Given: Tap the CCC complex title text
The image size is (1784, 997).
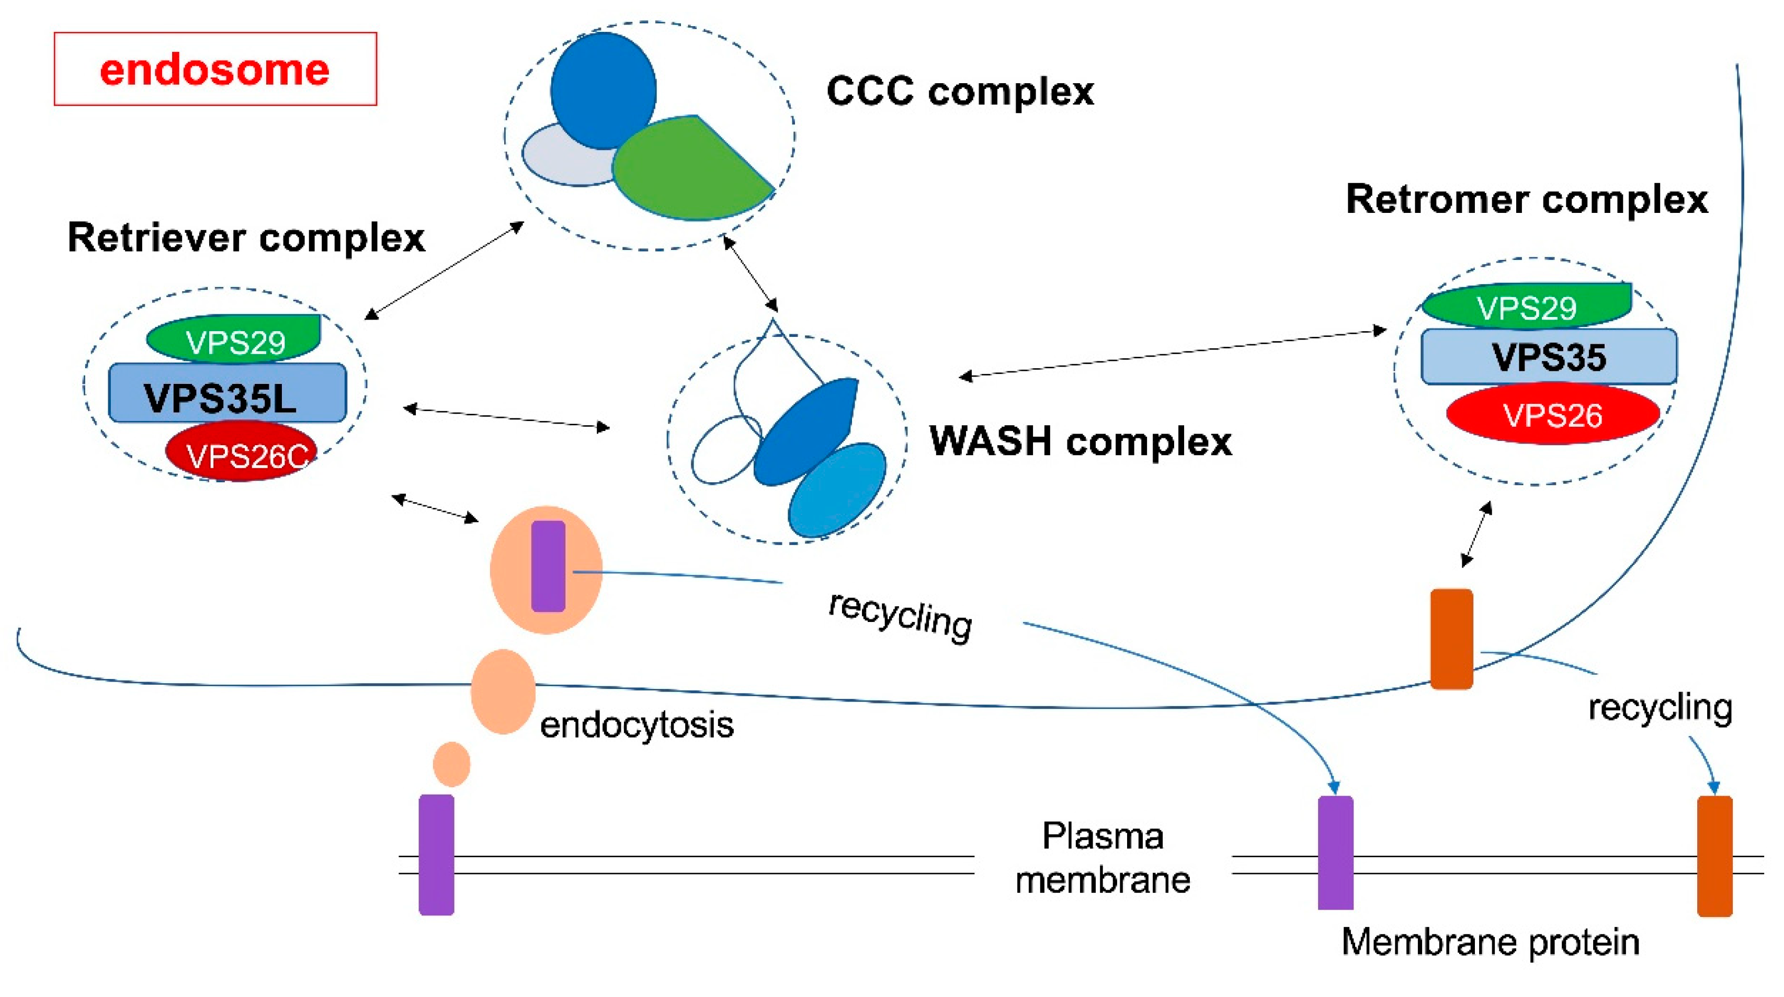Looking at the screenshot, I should pos(960,92).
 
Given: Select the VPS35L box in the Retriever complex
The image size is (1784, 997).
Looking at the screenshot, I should pos(227,393).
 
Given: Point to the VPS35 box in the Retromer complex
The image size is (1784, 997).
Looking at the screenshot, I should pos(1549,357).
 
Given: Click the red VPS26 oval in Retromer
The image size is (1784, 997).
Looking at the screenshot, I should pos(1553,414).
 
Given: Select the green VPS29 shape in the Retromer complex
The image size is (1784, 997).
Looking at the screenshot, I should pos(1526,305).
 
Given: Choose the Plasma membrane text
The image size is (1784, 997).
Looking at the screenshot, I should pos(1103,858).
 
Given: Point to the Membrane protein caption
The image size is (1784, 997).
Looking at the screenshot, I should pos(1491,942).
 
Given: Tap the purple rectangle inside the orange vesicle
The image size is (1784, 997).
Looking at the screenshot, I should pos(548,566).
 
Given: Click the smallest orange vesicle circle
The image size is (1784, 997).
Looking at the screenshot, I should pos(451,764).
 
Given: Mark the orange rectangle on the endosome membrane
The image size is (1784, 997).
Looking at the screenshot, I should pos(1451,638).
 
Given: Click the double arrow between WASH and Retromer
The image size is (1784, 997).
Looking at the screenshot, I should pos(1173,354).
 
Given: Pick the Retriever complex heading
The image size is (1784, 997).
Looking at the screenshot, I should pos(246,237).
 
